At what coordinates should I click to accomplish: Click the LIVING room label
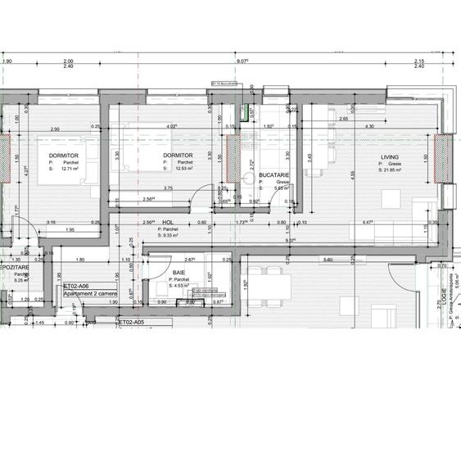pos(388,157)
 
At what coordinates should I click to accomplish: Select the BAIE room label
pos(179,273)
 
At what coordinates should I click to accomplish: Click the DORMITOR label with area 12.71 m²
pos(63,156)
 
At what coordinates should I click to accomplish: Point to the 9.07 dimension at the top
pos(242,61)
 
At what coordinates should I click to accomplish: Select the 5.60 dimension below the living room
pos(328,260)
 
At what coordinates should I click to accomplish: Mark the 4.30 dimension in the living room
pos(368,126)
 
